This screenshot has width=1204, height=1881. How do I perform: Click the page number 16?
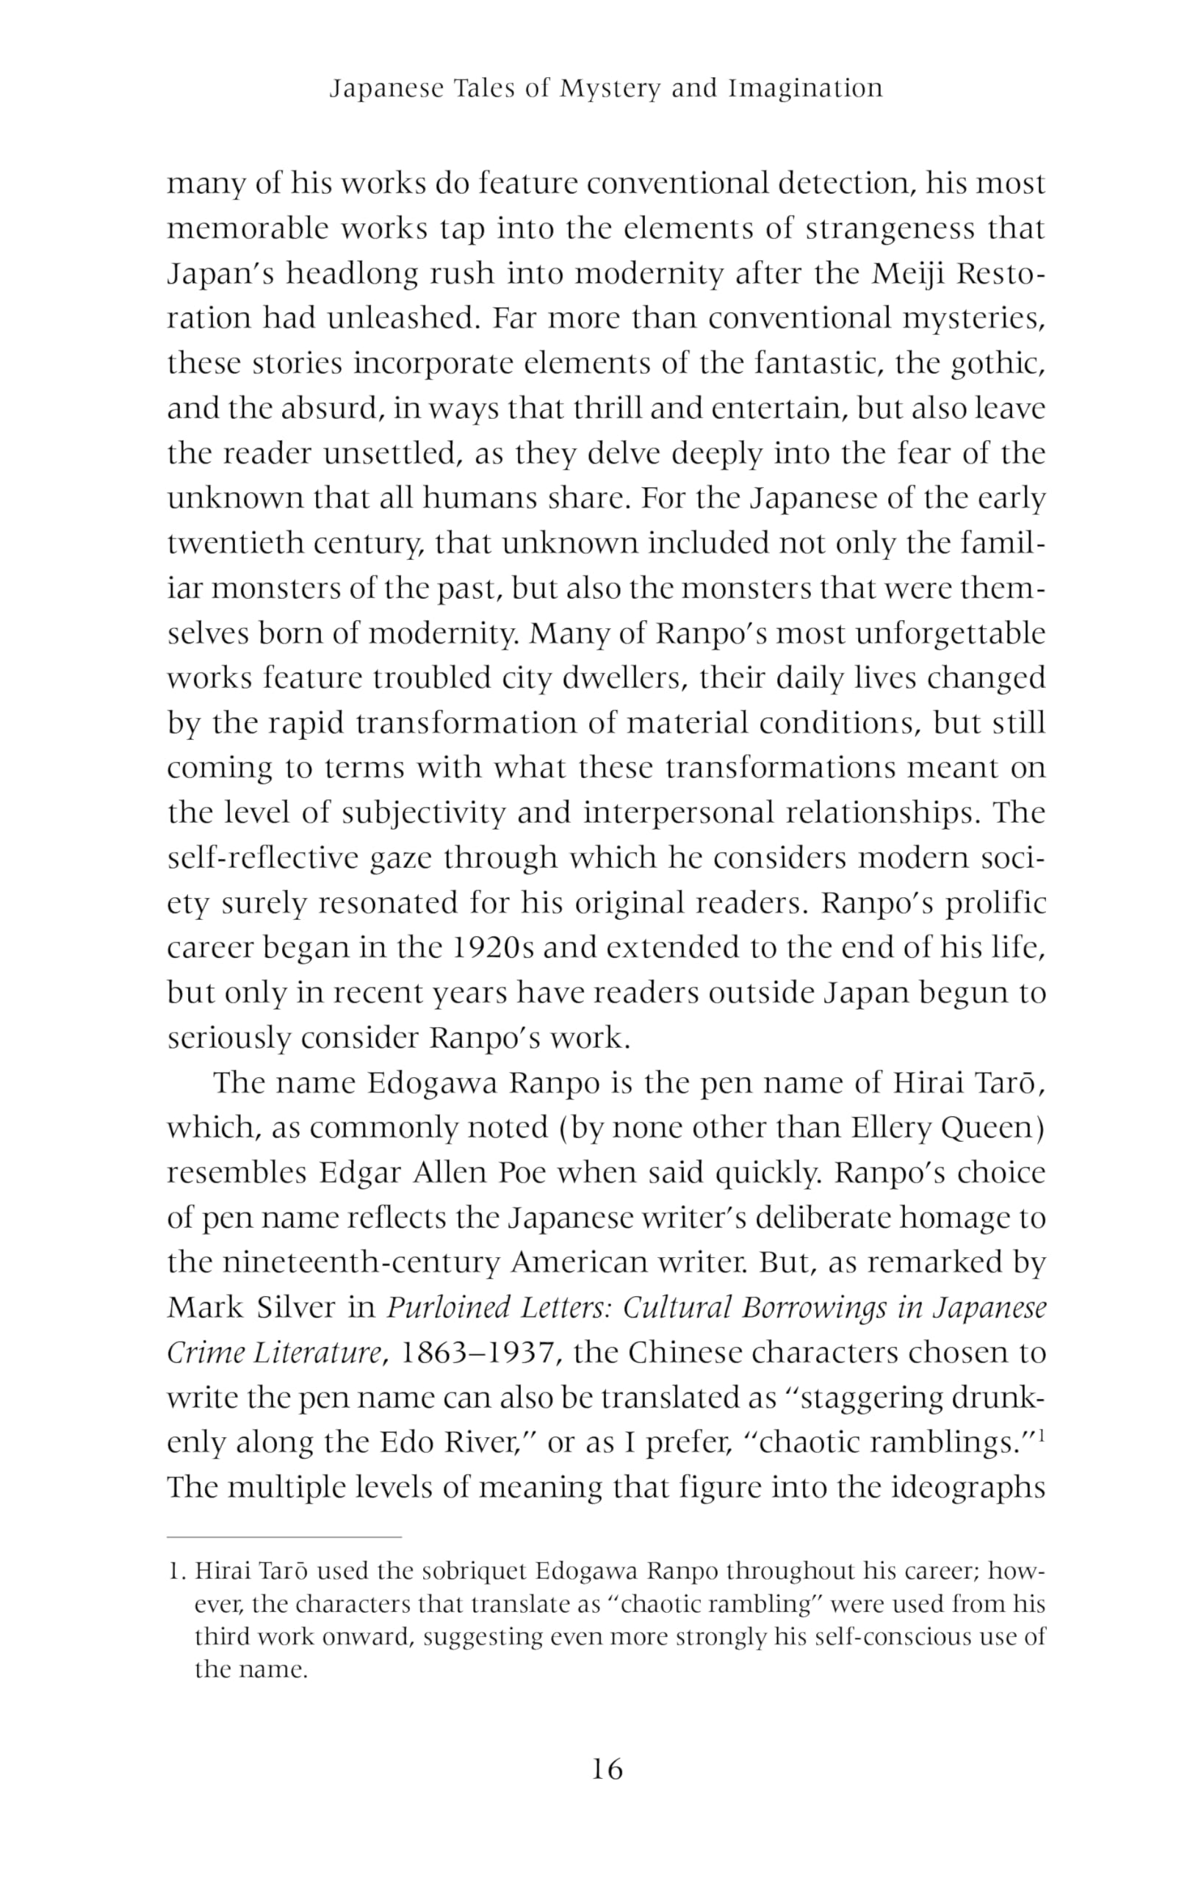point(607,1769)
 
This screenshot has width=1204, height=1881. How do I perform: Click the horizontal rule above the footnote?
point(284,1537)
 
